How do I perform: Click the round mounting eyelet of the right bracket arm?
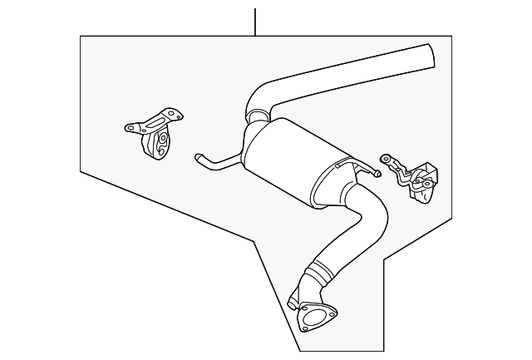pos(385,158)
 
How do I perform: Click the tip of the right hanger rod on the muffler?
pos(377,175)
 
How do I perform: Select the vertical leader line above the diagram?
pos(256,20)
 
